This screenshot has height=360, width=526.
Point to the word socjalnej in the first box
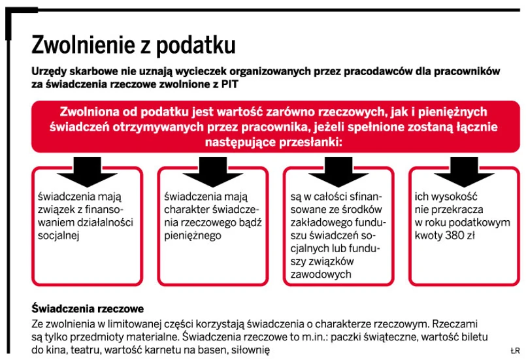58,236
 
